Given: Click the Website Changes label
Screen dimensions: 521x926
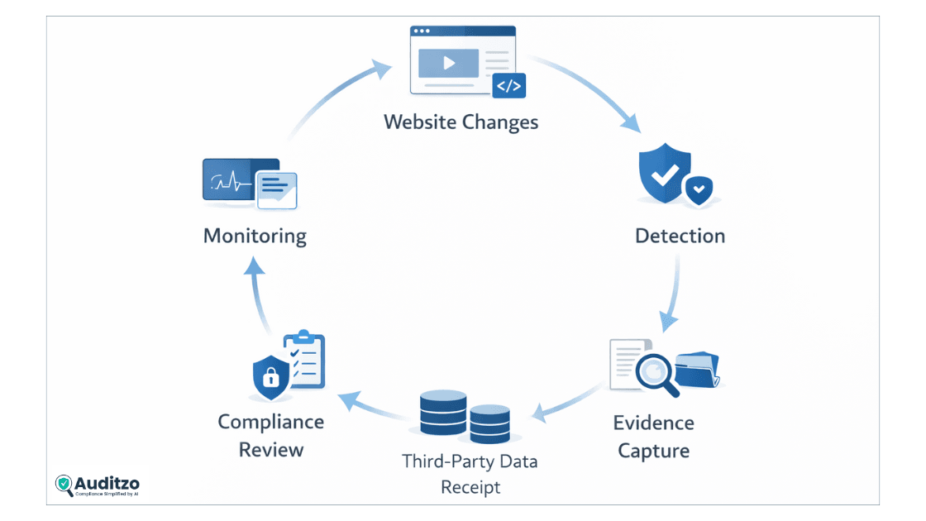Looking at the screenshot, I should [461, 122].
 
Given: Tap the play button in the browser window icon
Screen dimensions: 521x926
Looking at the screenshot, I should [448, 64].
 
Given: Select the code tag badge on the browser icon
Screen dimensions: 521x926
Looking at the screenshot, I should [508, 86].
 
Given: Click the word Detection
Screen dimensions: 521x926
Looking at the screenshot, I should [680, 236].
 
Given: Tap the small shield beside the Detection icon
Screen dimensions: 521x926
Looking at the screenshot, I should [699, 190].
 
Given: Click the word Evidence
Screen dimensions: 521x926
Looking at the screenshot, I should [653, 423].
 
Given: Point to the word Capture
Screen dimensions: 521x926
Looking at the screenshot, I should [653, 451].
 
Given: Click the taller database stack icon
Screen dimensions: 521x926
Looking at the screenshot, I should [442, 413].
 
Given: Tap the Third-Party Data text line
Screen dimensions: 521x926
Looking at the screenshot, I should [470, 461].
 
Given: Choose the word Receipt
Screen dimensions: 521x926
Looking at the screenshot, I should [470, 487].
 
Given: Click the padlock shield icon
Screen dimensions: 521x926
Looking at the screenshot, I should [270, 377].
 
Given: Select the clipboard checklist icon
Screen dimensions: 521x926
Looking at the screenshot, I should [304, 360].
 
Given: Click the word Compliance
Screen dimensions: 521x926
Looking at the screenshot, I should [270, 422].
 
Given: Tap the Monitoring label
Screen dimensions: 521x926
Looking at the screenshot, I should [255, 236].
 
